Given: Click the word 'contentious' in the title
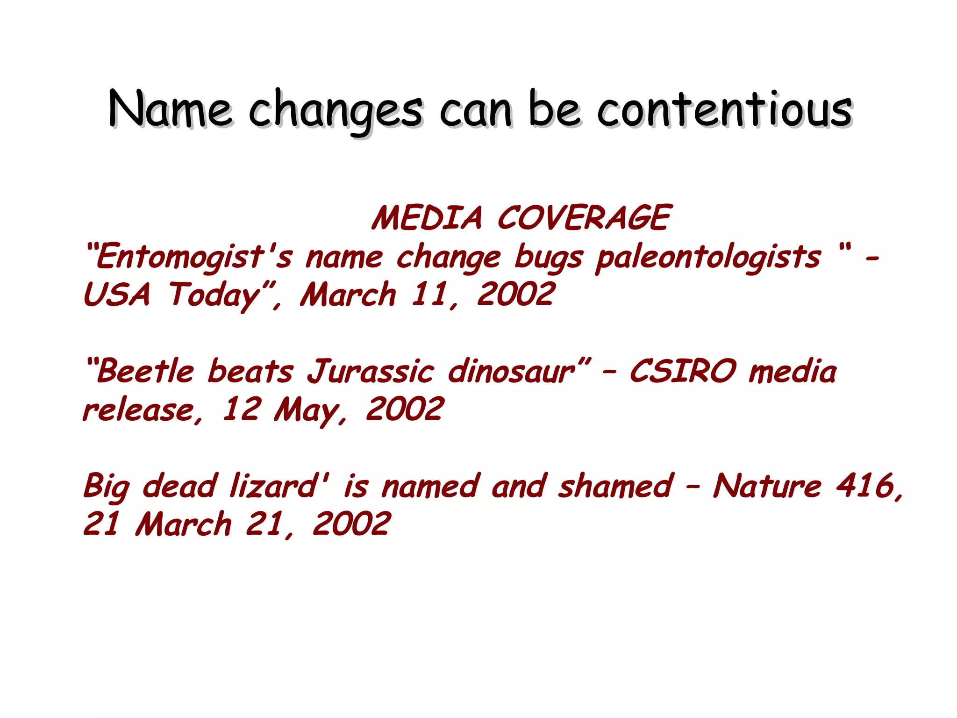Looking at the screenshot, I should point(724,110).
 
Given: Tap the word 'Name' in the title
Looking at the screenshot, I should point(170,110).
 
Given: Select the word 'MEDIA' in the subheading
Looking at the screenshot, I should point(427,218).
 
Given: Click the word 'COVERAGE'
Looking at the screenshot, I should point(584,218).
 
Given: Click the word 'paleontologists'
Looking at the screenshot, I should point(708,258).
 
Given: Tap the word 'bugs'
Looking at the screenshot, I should point(549,258).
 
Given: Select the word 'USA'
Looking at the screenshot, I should point(117,295).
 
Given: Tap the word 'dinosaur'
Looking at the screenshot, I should point(512,372).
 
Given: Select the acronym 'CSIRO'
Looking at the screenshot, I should point(683,372).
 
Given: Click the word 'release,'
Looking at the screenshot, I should point(143,410).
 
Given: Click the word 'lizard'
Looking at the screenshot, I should point(276,486).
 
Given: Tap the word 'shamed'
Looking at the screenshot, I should point(615,486).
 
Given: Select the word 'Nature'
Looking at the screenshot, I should point(767,486).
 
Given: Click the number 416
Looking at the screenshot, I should point(864,486).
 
